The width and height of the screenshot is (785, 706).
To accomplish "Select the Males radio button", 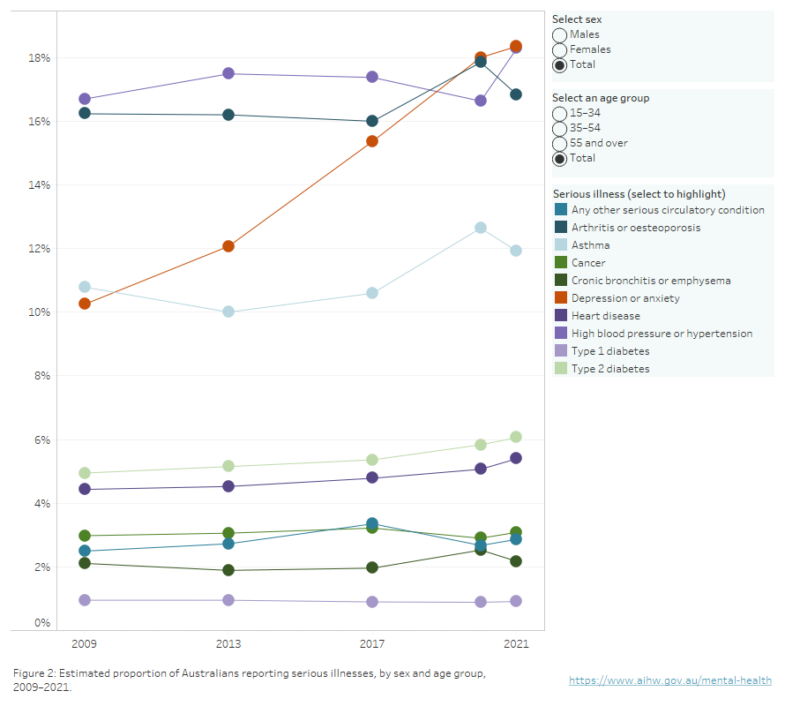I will (x=560, y=34).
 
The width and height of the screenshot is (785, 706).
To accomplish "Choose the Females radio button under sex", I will (x=560, y=49).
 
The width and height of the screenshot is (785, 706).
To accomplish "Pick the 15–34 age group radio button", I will (x=560, y=114).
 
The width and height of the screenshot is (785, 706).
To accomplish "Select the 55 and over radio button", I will (x=560, y=143).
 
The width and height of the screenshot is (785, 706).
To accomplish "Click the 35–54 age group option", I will (x=560, y=129).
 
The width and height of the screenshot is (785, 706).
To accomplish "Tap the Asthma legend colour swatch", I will (x=561, y=245).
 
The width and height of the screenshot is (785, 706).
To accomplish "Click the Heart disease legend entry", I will (x=605, y=316).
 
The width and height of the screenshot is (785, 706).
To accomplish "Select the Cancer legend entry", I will (x=588, y=263).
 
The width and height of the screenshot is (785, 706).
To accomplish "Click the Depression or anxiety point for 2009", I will (x=85, y=304).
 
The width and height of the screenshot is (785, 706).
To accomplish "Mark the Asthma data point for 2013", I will (x=228, y=312).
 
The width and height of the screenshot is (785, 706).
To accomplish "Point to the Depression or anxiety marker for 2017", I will (x=372, y=141).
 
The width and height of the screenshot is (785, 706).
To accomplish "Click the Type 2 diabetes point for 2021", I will (x=515, y=437).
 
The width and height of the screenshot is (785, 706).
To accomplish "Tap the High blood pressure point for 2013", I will (x=228, y=73).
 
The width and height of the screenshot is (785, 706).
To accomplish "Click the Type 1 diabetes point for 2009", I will (x=85, y=600).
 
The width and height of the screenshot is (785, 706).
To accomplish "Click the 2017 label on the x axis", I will (x=372, y=644).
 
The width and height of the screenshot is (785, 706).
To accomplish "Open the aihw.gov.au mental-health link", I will (x=669, y=680).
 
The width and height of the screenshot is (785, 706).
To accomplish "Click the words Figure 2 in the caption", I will (x=36, y=673).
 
